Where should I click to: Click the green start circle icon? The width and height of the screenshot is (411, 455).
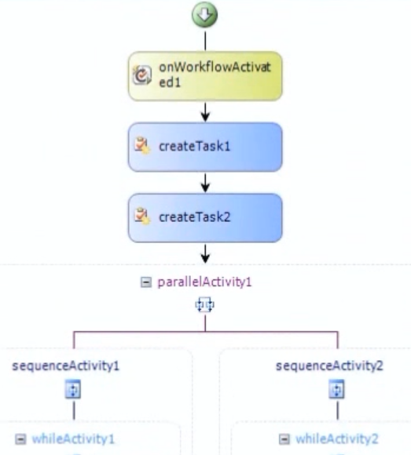pos(204,15)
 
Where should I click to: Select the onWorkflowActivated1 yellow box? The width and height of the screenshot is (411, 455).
pos(205,76)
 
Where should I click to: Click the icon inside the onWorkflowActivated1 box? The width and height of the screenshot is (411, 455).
pos(141,75)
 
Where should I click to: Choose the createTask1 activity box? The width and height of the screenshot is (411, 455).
pos(205,147)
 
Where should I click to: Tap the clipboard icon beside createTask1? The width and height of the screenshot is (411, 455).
pos(142,145)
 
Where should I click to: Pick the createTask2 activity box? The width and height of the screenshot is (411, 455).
pos(205,218)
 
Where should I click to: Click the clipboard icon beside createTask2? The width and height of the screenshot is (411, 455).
pos(142,216)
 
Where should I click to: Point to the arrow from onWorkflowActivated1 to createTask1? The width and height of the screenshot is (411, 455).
pos(206,111)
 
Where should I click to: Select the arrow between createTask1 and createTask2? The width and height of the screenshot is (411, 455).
pos(206,183)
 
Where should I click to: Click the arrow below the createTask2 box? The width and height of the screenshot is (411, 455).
pos(206,253)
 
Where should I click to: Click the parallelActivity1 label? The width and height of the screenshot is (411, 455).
pos(204,282)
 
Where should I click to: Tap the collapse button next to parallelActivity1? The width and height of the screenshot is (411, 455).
pos(146,282)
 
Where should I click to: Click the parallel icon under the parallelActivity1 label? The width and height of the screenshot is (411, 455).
pos(205,305)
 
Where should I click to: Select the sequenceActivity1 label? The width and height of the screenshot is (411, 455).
pos(66,366)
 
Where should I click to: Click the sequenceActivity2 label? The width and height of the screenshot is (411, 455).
pos(329,366)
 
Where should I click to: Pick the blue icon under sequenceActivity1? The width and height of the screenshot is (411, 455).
pos(73,389)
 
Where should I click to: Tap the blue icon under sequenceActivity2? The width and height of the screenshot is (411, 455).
pos(337,389)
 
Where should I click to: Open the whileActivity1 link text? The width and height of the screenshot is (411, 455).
pos(73,439)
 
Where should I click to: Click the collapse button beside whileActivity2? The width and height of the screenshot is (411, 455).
pos(284,439)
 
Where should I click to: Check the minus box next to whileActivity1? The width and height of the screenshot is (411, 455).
pos(20,439)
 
